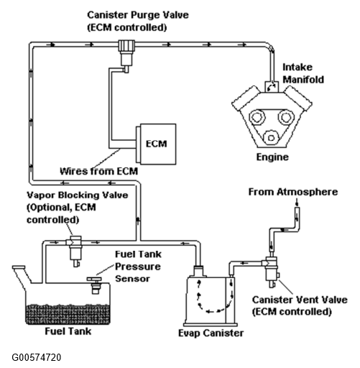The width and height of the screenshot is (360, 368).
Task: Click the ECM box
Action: tap(156, 144)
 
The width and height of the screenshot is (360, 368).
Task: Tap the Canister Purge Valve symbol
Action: tap(126, 56)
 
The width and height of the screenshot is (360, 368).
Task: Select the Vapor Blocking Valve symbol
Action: tap(75, 251)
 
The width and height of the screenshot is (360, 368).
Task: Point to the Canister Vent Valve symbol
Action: tap(272, 272)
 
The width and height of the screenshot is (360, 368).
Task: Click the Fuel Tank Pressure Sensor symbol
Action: tap(94, 285)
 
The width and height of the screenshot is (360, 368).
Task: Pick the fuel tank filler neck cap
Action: tap(19, 267)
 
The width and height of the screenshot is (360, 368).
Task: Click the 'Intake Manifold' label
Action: tap(303, 73)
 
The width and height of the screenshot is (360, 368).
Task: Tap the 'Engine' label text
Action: tap(272, 157)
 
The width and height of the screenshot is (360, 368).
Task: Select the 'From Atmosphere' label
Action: tap(293, 192)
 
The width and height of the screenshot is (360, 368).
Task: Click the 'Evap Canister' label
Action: tap(211, 333)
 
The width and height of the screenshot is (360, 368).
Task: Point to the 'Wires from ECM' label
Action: tap(98, 171)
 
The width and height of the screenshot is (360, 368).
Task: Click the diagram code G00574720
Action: tap(37, 357)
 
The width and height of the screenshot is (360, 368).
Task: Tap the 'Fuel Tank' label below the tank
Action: tap(68, 331)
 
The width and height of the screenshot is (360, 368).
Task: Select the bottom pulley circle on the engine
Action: tap(271, 138)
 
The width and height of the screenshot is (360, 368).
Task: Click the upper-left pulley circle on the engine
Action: tap(257, 117)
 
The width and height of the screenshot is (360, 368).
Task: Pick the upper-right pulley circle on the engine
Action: tap(286, 117)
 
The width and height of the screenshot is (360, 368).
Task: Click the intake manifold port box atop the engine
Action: tap(272, 87)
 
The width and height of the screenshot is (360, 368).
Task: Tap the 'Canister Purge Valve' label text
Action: tap(138, 15)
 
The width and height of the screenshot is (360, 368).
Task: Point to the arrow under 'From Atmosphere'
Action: tap(297, 203)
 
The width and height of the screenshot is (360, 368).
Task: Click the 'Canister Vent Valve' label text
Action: tap(300, 300)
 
